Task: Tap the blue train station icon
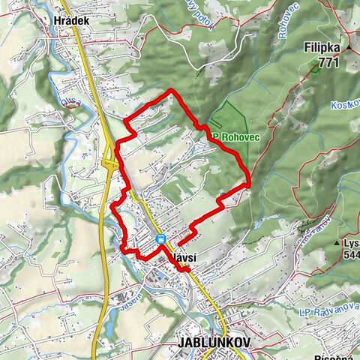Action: tap(160, 239)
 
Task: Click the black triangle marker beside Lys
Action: tap(337, 244)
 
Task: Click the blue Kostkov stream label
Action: tap(345, 105)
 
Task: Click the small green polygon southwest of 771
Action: tap(311, 69)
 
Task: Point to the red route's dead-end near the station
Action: tap(178, 244)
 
